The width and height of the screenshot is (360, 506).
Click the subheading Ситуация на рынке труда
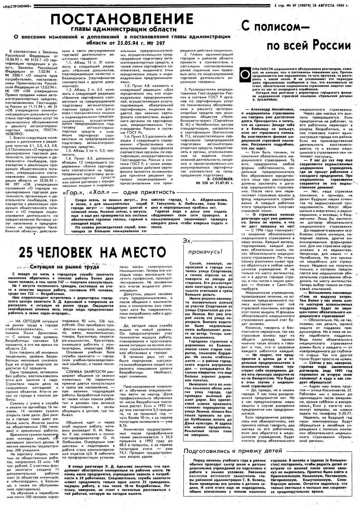pos(65,267)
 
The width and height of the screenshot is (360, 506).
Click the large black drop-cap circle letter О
pos(245,74)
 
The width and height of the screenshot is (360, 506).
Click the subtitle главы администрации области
pos(124,29)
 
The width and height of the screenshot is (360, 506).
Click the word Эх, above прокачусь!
pos(188,240)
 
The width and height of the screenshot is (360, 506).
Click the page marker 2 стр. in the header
pos(279,5)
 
